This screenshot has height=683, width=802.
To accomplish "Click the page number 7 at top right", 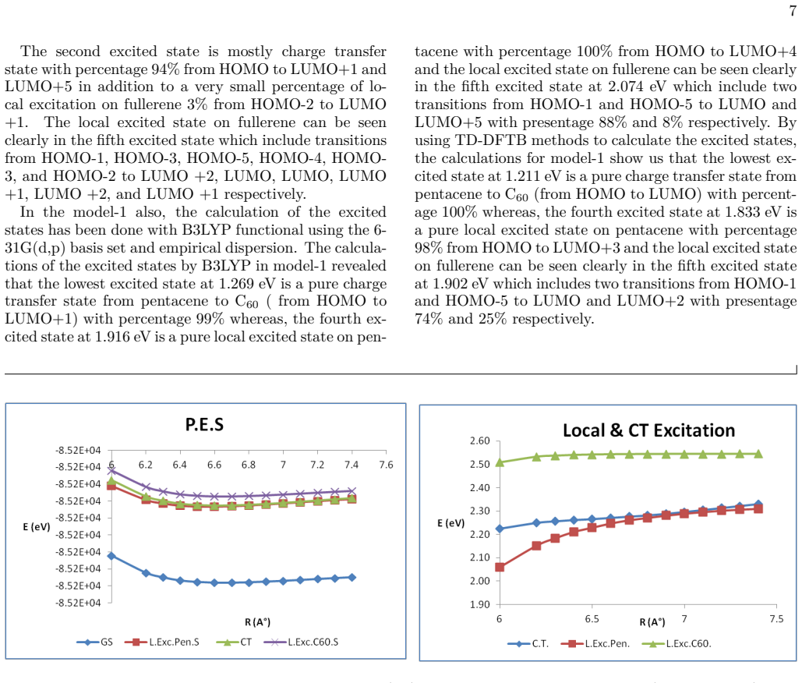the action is (793, 11).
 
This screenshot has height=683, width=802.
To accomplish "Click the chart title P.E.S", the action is (204, 425).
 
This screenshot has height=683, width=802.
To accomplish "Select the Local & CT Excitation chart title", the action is (648, 431).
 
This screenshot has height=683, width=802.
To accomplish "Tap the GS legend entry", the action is (94, 642).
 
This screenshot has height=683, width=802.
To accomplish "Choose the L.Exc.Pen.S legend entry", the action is (162, 642).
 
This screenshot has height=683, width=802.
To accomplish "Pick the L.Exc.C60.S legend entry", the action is (302, 642).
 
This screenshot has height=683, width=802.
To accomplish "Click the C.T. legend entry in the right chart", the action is (528, 643).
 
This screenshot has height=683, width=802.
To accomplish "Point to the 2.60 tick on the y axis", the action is (480, 441).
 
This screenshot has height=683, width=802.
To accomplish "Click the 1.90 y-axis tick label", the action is (480, 604).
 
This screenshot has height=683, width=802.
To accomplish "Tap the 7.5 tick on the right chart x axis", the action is (776, 619).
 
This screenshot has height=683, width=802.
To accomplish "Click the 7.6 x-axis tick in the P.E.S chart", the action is (386, 465).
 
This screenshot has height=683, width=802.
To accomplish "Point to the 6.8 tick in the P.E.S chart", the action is (249, 465).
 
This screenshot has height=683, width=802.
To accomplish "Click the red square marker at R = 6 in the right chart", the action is (500, 567).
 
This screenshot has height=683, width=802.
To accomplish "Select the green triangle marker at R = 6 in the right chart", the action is (500, 462).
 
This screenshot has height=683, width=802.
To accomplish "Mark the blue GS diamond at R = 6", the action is (111, 556).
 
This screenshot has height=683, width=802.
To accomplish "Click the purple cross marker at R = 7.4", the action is (352, 490).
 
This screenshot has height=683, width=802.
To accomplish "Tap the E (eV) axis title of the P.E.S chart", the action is (37, 526).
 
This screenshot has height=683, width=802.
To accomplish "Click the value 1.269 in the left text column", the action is (236, 284).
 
